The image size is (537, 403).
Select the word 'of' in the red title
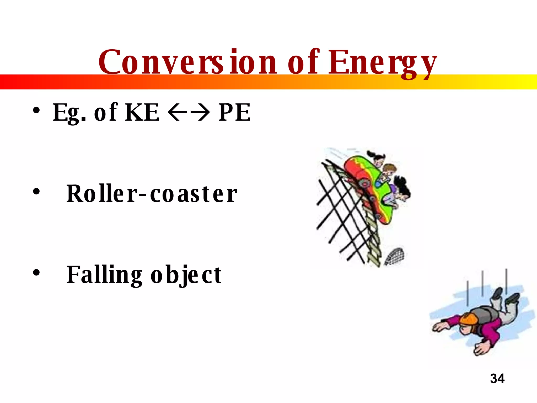(x=304, y=62)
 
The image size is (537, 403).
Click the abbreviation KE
(x=142, y=112)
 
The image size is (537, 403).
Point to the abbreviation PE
(x=234, y=112)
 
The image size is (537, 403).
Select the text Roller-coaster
(x=152, y=194)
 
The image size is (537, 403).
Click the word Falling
(x=104, y=275)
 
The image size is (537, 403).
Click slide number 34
(x=497, y=379)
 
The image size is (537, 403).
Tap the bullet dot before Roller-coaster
(x=36, y=192)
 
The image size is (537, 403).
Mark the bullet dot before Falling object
(x=36, y=273)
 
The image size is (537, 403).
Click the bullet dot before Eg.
(x=36, y=110)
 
